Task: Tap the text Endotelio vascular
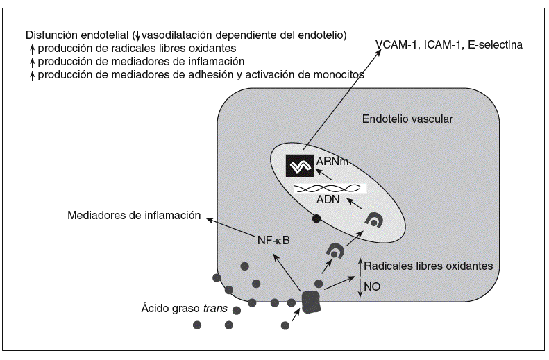[x=407, y=119]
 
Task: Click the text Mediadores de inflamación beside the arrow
[x=134, y=216]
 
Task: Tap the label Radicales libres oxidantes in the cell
[x=428, y=266]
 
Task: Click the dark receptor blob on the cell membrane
[x=309, y=300]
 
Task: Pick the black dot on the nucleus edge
[x=316, y=219]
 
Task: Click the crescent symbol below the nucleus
[x=336, y=251]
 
